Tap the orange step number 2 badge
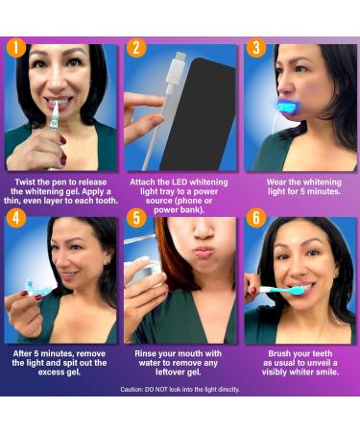[135, 47]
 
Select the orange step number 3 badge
[255, 47]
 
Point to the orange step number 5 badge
[135, 218]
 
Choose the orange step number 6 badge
[255, 218]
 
